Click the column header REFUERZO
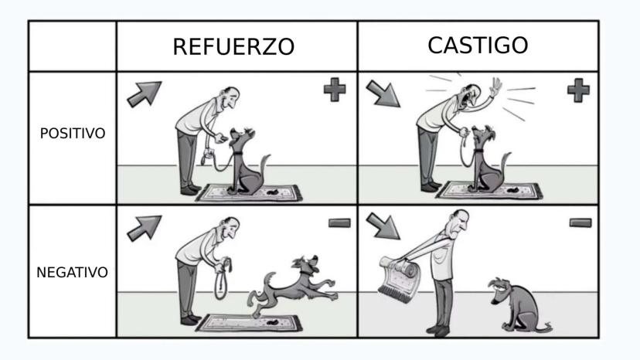(x=233, y=46)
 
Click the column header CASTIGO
(x=478, y=45)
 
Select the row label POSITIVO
(x=73, y=133)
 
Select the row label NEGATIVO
(x=72, y=272)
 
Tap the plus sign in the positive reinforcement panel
(x=335, y=90)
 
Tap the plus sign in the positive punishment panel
(x=578, y=90)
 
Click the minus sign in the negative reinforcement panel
(x=339, y=222)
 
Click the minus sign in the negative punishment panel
(x=580, y=222)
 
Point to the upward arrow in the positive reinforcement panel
(x=145, y=94)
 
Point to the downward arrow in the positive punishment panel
(x=383, y=93)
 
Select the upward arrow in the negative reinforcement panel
(x=145, y=228)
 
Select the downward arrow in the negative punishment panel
(x=383, y=226)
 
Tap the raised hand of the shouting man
(x=495, y=87)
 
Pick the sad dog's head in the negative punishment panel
(x=501, y=289)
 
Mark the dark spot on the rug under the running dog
(x=271, y=322)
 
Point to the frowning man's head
(x=457, y=222)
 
